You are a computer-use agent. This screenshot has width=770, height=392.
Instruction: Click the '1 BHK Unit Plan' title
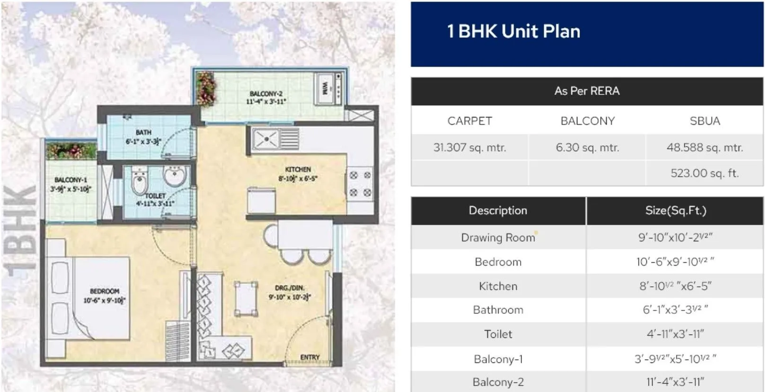coord(513,31)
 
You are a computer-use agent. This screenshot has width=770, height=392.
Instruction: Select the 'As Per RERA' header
coord(586,91)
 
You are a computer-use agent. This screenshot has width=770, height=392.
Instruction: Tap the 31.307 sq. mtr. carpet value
coord(469,148)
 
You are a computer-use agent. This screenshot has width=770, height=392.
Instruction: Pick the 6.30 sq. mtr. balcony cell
coord(587,148)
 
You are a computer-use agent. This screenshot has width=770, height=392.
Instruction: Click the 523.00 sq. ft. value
coord(704,173)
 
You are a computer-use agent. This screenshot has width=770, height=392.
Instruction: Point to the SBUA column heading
coord(704,121)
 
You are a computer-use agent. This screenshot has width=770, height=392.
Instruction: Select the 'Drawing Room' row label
coord(498,238)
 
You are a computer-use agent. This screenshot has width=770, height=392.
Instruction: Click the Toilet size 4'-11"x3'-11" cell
coord(675,334)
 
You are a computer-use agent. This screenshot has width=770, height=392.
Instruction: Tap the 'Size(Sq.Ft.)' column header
coord(675,211)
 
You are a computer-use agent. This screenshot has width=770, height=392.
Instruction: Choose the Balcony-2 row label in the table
coord(498,382)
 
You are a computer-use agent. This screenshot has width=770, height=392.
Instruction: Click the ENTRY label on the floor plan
coord(310,357)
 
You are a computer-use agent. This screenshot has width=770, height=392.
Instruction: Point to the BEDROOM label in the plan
coord(104,291)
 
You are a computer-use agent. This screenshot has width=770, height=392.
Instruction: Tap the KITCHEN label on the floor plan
coord(298,169)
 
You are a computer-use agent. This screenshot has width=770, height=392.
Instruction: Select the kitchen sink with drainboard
coord(275,139)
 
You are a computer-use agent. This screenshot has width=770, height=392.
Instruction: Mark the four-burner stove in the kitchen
coord(360,184)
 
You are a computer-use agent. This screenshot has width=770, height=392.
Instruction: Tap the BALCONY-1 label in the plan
coord(71,180)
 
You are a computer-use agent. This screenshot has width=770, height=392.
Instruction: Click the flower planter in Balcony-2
coord(206,89)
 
